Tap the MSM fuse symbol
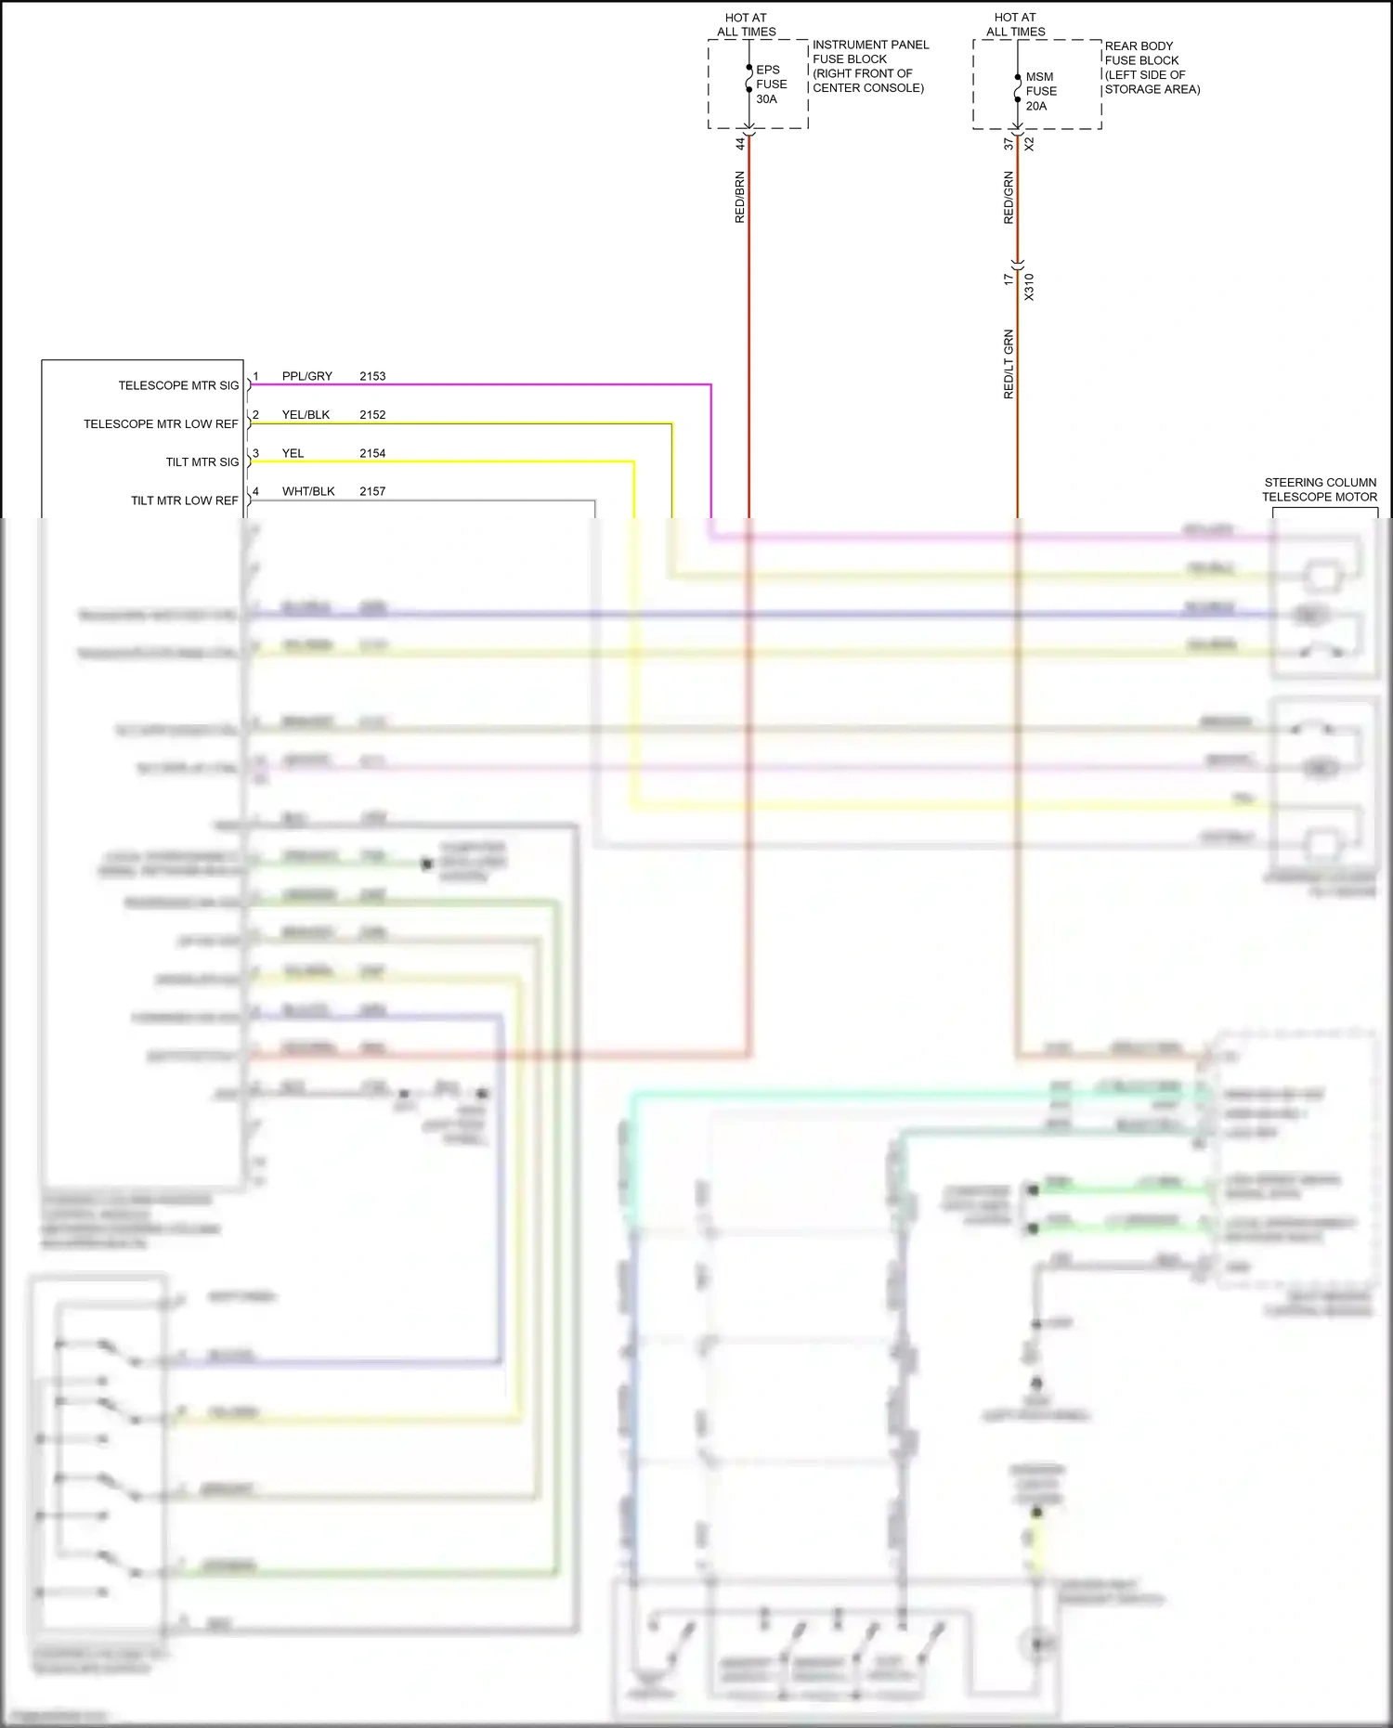(1018, 90)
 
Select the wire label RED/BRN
(740, 197)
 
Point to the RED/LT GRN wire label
(1009, 364)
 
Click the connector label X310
(1029, 287)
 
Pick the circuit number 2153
(372, 376)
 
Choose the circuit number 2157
(372, 491)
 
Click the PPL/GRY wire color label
(307, 376)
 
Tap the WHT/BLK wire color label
(308, 491)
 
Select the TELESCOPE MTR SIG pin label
(178, 385)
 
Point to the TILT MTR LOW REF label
(185, 500)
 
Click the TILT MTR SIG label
(202, 462)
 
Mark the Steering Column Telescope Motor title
(1320, 489)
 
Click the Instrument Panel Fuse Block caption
(869, 66)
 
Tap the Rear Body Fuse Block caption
(1152, 68)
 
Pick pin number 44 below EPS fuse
(740, 144)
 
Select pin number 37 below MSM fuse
(1009, 144)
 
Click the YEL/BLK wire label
(306, 415)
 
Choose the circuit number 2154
(372, 453)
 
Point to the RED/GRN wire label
(1009, 197)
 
